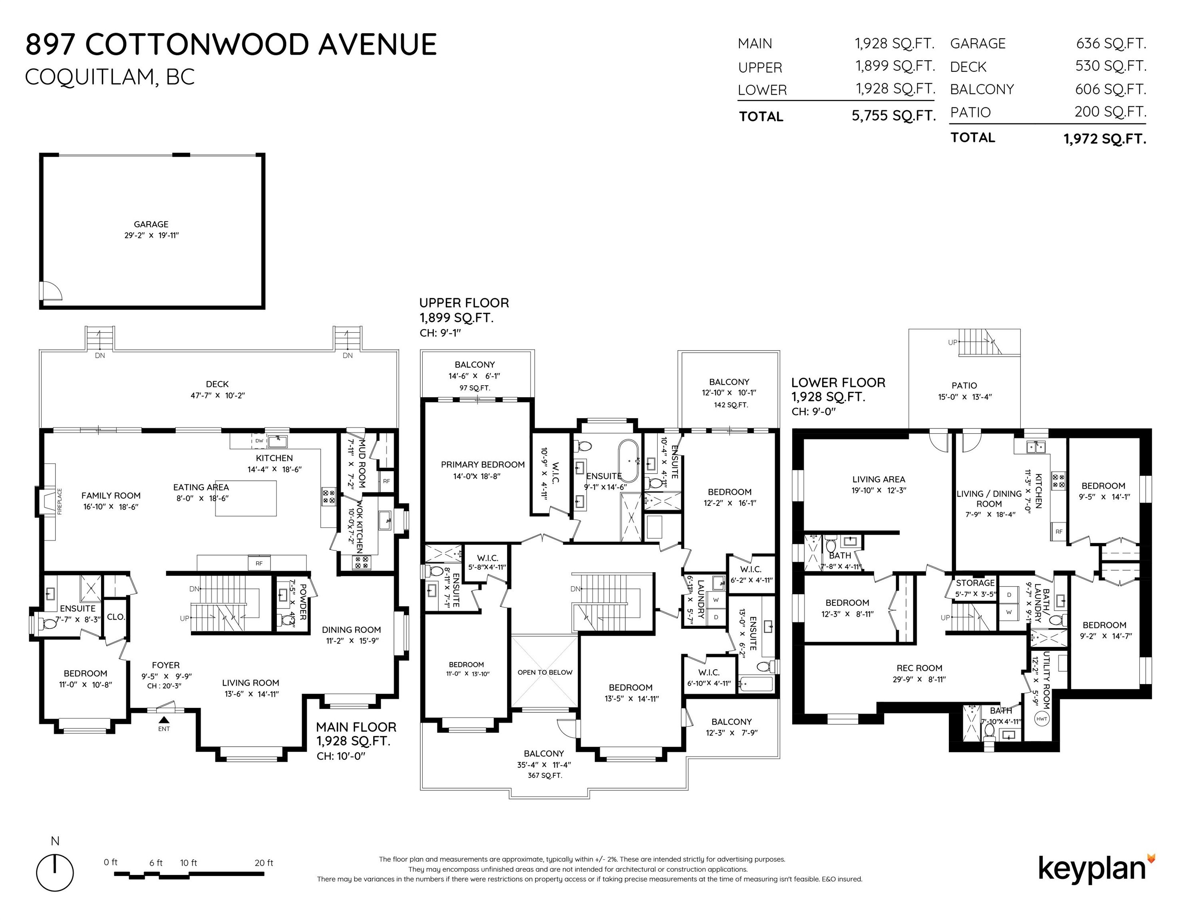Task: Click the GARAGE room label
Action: point(151,224)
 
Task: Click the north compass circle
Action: point(55,873)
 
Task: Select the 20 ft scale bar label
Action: point(263,863)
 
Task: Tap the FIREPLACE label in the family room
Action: point(60,502)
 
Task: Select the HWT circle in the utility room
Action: point(1042,719)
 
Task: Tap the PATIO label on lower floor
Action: point(964,385)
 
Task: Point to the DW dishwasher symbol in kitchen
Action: point(259,440)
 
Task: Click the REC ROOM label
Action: point(919,668)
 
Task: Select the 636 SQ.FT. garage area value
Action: point(1110,43)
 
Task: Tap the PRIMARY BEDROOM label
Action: point(483,464)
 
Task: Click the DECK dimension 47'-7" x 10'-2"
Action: point(218,396)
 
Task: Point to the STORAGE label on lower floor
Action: point(975,583)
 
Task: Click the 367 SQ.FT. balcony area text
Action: point(544,775)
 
